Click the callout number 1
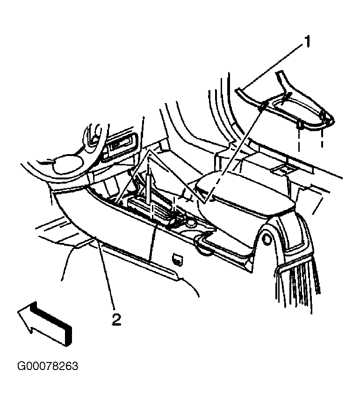click(307, 42)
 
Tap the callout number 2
click(116, 320)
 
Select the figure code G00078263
click(48, 366)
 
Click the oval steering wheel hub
click(68, 164)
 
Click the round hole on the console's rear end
click(266, 240)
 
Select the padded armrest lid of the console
click(245, 194)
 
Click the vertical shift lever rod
click(149, 186)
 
